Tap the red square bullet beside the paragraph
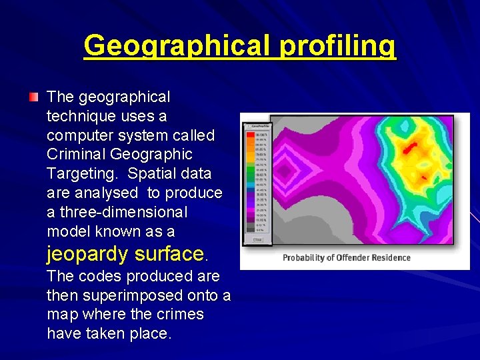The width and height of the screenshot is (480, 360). [33, 98]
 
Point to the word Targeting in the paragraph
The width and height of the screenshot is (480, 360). [83, 174]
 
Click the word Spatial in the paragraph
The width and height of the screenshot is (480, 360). [153, 174]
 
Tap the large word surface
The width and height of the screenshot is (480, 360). [169, 254]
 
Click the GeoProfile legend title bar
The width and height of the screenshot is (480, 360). [257, 125]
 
